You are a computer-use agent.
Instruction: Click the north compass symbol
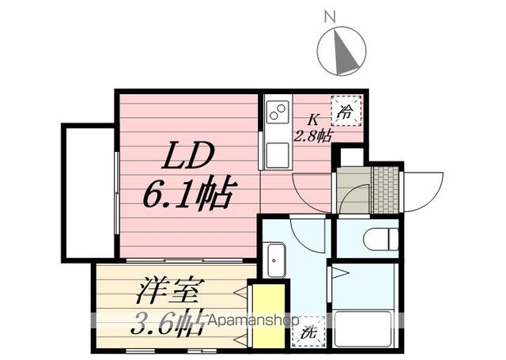tap(342, 49)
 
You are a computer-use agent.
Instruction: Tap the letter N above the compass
tap(330, 14)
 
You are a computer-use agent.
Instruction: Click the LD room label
tap(188, 157)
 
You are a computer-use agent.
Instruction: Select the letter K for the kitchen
tap(313, 120)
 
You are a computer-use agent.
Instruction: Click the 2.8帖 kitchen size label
tap(314, 135)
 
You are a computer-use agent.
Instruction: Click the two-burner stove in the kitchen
tap(278, 115)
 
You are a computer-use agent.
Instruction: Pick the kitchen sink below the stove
tap(277, 150)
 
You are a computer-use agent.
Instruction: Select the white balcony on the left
tap(89, 191)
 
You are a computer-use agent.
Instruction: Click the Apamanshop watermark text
tap(251, 322)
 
